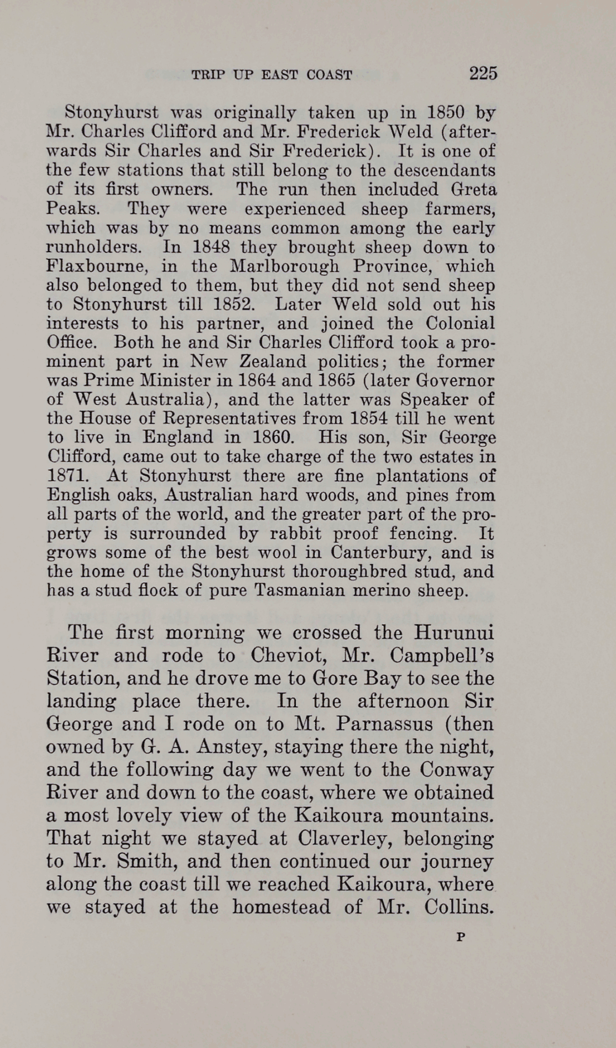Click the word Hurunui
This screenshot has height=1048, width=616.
pos(455,633)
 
